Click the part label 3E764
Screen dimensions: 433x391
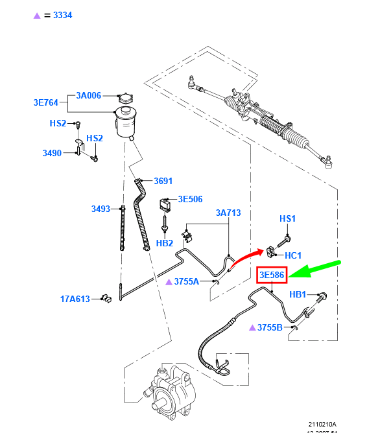pyautogui.click(x=46, y=102)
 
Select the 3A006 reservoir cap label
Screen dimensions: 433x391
pyautogui.click(x=89, y=95)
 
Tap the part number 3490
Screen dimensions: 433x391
pyautogui.click(x=52, y=153)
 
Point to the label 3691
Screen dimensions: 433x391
pyautogui.click(x=163, y=181)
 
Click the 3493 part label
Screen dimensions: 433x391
pyautogui.click(x=101, y=209)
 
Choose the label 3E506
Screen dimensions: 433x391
pyautogui.click(x=191, y=200)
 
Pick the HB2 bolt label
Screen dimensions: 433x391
pyautogui.click(x=165, y=243)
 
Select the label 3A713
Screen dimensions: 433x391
pyautogui.click(x=228, y=213)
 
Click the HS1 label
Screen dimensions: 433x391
pyautogui.click(x=287, y=219)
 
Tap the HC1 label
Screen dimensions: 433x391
pyautogui.click(x=294, y=255)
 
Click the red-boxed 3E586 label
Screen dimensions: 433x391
pyautogui.click(x=272, y=275)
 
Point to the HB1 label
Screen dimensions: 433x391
pyautogui.click(x=298, y=294)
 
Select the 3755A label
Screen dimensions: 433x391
pyautogui.click(x=186, y=281)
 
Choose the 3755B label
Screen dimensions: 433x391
pyautogui.click(x=270, y=327)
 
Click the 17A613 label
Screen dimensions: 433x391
pyautogui.click(x=75, y=299)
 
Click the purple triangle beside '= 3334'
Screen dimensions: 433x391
pyautogui.click(x=37, y=15)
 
